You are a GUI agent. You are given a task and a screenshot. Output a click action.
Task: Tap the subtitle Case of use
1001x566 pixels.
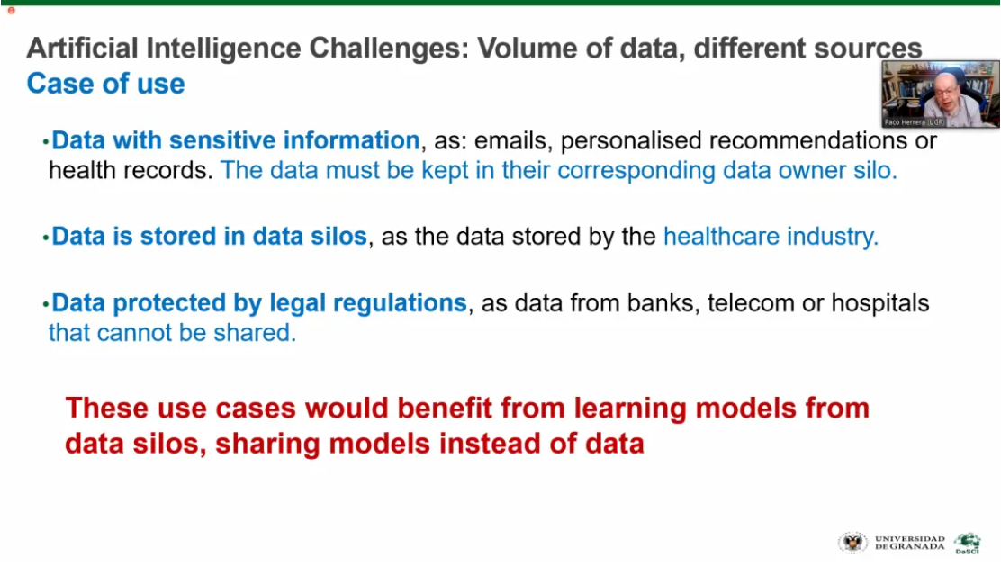[x=106, y=84]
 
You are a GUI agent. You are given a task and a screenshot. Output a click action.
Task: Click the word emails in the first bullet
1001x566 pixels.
[x=513, y=140]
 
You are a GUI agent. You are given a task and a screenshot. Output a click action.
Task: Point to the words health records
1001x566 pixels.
[x=131, y=170]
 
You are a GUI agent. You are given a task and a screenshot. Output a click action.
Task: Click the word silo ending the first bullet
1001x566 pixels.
[x=876, y=170]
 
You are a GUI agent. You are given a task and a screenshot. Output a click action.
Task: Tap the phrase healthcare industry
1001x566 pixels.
[x=771, y=237]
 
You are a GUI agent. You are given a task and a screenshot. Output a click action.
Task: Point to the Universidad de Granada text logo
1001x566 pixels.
[x=910, y=543]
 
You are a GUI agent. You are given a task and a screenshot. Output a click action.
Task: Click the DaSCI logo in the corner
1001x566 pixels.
[x=968, y=544]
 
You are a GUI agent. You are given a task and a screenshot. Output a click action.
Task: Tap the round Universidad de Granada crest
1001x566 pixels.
[x=852, y=543]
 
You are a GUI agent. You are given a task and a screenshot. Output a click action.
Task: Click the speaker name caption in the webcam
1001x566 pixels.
[x=915, y=121]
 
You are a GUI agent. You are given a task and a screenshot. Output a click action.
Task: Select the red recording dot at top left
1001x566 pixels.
[x=11, y=10]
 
